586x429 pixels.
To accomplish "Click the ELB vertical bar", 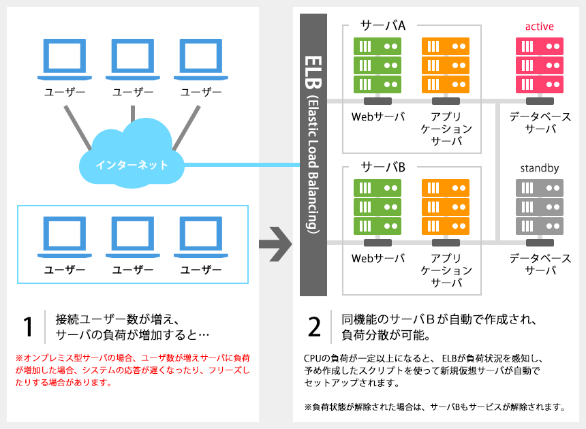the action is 313,155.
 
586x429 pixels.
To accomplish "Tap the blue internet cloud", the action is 132,153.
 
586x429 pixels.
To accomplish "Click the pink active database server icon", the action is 539,65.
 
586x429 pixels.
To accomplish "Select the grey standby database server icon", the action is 539,207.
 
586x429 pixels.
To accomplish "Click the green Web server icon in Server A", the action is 377,65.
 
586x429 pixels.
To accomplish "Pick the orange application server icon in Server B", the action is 446,207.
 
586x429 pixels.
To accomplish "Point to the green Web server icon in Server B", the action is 377,207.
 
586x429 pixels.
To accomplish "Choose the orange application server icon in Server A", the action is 446,65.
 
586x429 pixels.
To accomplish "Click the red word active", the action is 539,27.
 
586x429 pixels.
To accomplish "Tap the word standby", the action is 539,168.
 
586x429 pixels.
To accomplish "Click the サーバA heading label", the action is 383,25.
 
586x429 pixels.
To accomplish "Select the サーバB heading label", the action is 383,167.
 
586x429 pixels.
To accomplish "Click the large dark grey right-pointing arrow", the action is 275,244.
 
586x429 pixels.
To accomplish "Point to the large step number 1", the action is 28,327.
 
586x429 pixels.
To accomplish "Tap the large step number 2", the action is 314,327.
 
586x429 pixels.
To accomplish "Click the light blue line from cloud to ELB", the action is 242,165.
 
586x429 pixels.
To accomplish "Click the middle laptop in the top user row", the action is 133,59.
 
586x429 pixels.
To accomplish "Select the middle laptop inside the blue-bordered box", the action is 133,237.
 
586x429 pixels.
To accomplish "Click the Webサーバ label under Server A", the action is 378,117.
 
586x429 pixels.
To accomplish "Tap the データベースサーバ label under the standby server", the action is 540,264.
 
